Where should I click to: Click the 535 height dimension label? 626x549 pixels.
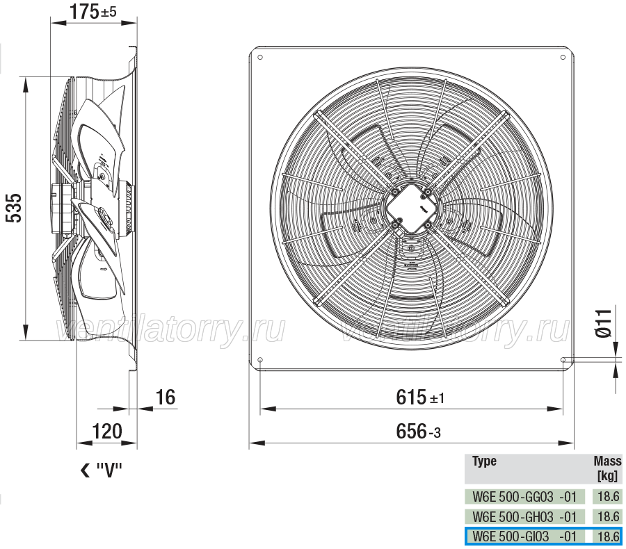14,208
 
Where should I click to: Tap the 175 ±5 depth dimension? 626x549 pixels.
93,11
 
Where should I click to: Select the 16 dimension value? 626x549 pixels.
166,398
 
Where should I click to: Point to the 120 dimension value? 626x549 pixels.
106,432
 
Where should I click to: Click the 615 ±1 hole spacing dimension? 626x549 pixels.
420,398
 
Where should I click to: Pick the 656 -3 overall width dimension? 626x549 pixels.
419,432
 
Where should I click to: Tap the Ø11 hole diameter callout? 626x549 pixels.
603,322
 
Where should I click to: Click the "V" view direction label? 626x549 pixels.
101,470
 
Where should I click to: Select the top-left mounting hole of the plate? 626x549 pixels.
260,58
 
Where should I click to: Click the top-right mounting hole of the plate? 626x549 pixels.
563,58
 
